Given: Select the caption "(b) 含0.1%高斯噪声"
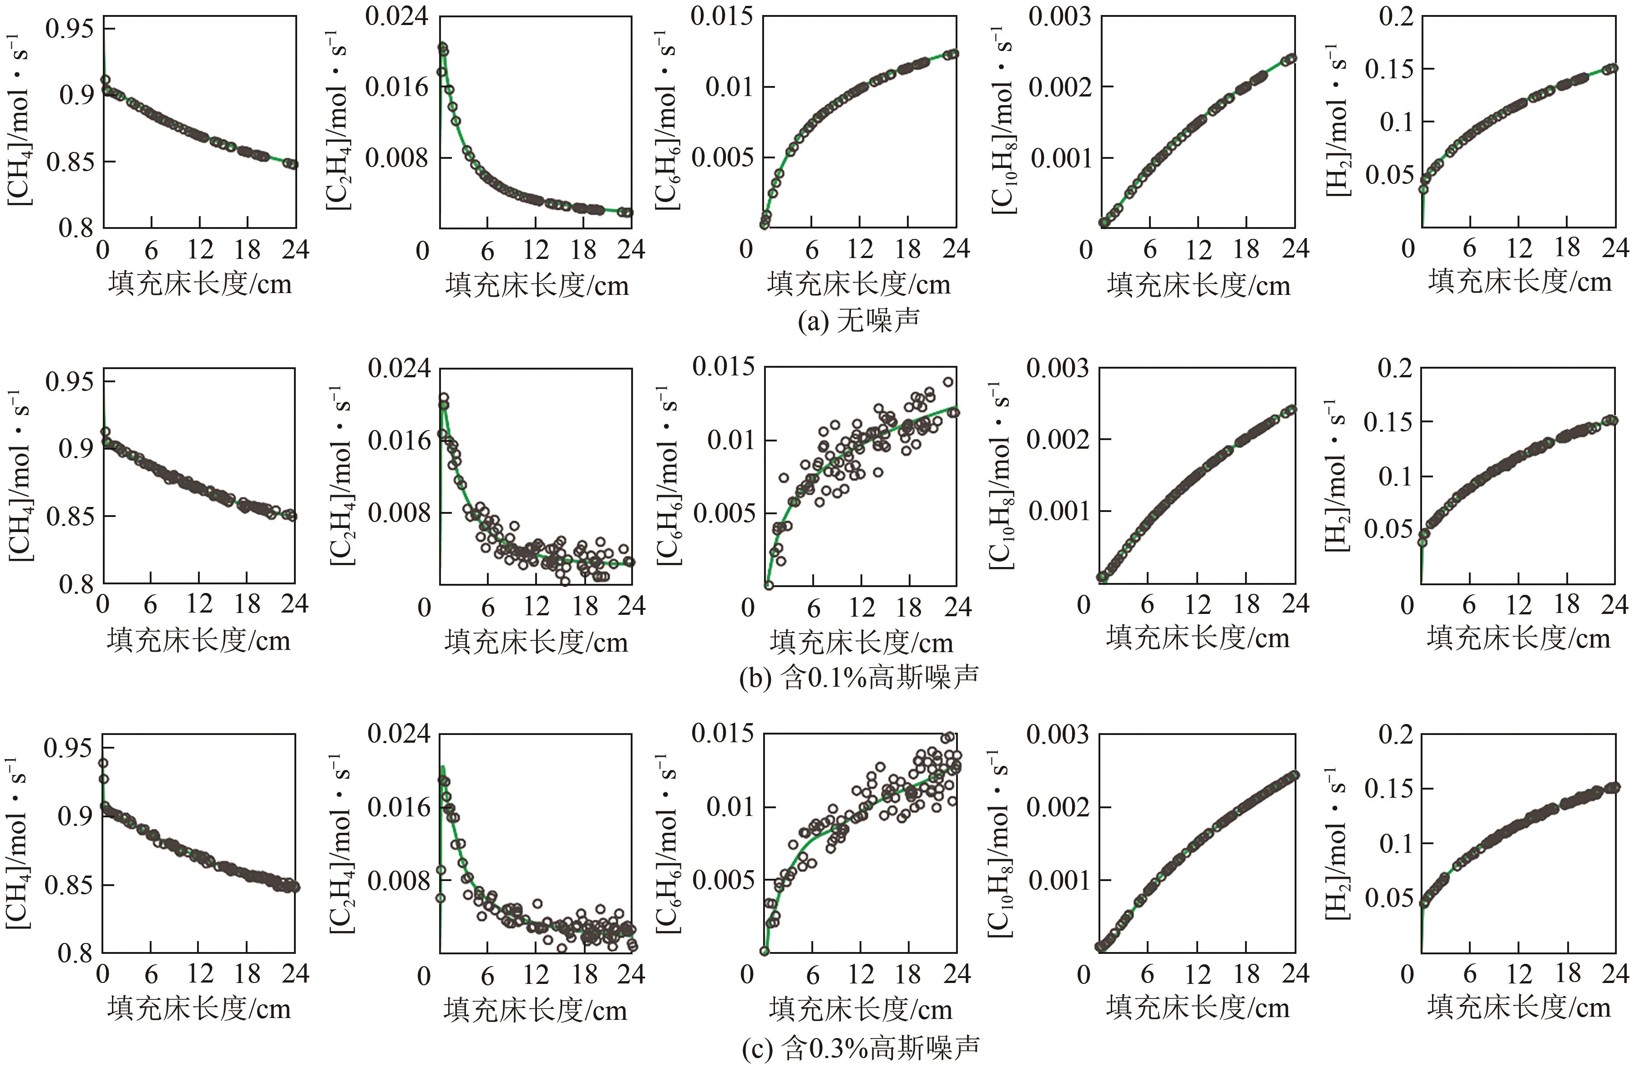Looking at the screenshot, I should point(858,678).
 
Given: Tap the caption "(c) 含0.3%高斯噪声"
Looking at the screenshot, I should point(860,1048).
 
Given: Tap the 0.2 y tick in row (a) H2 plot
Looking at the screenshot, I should point(1397,16).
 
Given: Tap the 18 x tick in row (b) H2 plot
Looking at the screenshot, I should point(1568,604).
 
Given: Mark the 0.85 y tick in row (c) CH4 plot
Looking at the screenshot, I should point(69,884).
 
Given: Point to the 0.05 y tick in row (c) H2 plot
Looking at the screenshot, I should point(1391,899).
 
